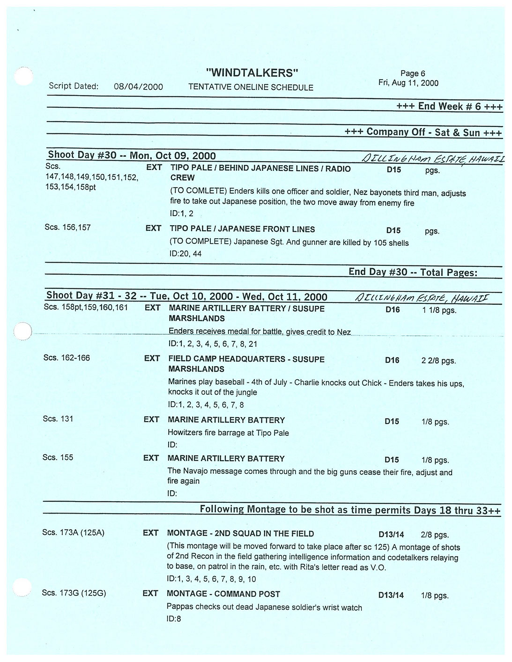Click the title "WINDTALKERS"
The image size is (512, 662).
click(x=252, y=73)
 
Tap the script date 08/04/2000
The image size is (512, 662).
click(x=138, y=87)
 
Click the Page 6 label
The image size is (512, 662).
click(x=412, y=74)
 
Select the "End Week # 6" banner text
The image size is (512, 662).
click(x=449, y=106)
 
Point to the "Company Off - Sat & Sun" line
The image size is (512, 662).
click(x=423, y=132)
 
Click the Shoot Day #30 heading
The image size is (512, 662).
click(x=132, y=155)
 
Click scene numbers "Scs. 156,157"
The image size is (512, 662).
click(x=67, y=228)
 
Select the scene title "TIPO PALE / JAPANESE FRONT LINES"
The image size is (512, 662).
click(x=242, y=229)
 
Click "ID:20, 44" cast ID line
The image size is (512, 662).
click(x=186, y=254)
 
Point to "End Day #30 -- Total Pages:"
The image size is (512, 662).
click(x=413, y=272)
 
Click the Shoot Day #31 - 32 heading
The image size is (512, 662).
click(x=186, y=296)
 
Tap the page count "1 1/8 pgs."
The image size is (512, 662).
click(x=438, y=310)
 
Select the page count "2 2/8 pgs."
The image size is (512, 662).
click(x=438, y=360)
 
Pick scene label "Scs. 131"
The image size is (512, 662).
click(x=58, y=419)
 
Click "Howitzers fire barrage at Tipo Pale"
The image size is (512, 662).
click(x=228, y=433)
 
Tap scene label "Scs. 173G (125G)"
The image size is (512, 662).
click(x=74, y=593)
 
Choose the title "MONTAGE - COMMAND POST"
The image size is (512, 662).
click(x=223, y=594)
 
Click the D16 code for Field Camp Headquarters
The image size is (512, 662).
click(x=392, y=360)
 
